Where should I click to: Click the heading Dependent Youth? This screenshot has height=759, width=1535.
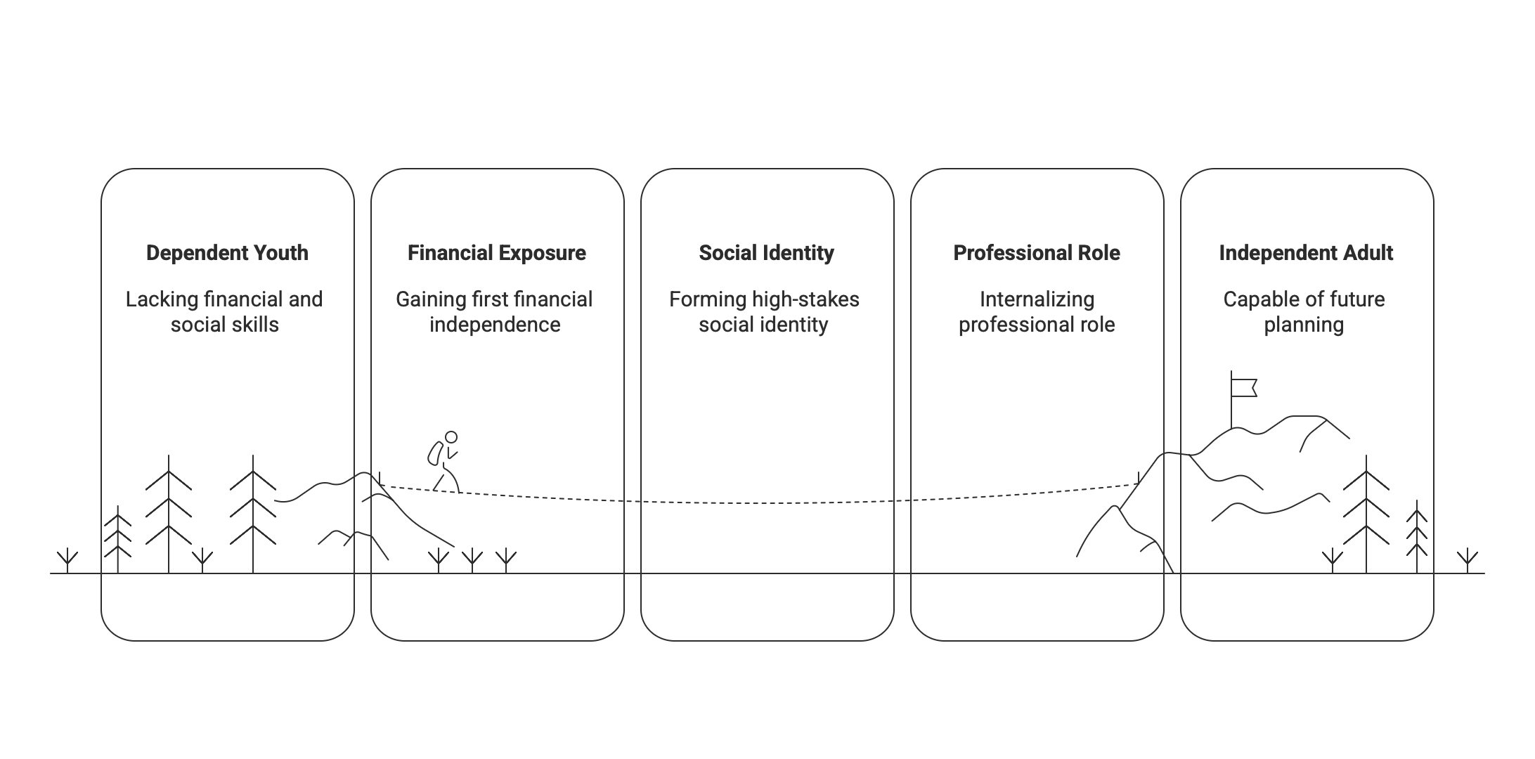point(227,253)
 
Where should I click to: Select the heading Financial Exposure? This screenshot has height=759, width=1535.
point(497,253)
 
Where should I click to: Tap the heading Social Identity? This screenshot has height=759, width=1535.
point(766,253)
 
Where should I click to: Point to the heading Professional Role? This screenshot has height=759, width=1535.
point(1037,253)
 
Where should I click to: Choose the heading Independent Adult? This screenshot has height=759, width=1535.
point(1306,253)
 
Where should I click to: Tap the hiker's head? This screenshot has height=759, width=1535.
point(451,436)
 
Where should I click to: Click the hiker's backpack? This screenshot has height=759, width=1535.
point(434,453)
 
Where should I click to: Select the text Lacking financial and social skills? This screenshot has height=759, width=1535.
point(224,312)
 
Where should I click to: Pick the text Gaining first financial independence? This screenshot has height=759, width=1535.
point(494,312)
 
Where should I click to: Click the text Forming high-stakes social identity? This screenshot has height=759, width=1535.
point(764,312)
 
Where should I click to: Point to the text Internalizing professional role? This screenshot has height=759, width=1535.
point(1037,312)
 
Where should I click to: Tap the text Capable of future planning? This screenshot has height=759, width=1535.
point(1304,312)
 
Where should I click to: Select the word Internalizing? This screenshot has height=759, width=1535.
point(1037,299)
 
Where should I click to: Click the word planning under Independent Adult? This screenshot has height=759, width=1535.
point(1304,325)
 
